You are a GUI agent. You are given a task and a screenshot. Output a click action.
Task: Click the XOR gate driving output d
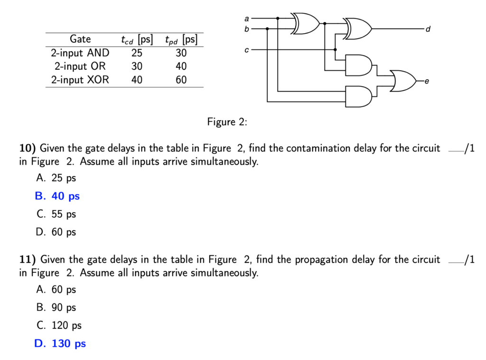359,29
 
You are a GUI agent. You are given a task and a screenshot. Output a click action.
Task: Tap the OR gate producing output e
402,81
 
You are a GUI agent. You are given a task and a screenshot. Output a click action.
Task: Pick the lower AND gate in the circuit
359,97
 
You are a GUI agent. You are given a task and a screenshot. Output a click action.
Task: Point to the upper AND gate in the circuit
359,65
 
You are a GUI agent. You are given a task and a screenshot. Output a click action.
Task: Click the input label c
246,49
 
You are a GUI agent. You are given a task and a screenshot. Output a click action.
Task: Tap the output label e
426,82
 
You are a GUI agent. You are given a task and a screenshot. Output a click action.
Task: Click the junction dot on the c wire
335,49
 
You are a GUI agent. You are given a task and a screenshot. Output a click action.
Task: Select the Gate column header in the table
80,39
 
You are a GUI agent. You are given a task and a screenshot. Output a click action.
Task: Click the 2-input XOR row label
80,80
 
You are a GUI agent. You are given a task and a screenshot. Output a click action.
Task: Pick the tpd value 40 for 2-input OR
181,66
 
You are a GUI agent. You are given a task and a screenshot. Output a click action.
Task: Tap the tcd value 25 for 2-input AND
136,53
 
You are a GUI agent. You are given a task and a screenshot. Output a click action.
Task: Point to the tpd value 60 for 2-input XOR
181,80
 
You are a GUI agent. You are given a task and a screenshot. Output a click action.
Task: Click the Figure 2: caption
227,122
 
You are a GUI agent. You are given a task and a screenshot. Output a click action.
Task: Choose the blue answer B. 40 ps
57,196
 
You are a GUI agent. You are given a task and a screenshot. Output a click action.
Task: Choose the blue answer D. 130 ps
60,343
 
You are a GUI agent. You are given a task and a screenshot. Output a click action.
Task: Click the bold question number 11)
28,259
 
